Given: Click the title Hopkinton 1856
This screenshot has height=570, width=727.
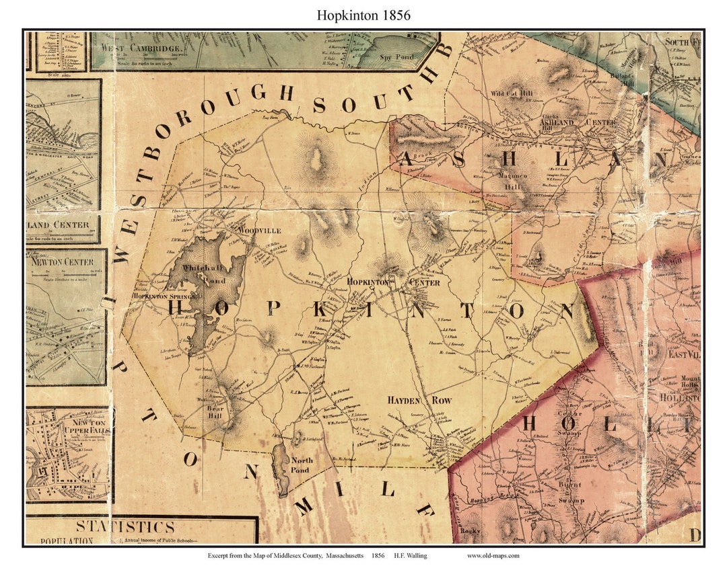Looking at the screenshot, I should (363, 15).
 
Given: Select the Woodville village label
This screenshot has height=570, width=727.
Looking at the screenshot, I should (258, 231).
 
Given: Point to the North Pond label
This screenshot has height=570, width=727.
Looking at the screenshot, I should (300, 465).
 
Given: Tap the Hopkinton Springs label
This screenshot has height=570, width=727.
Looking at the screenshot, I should (165, 296).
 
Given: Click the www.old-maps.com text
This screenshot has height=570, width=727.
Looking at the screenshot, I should (493, 555).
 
